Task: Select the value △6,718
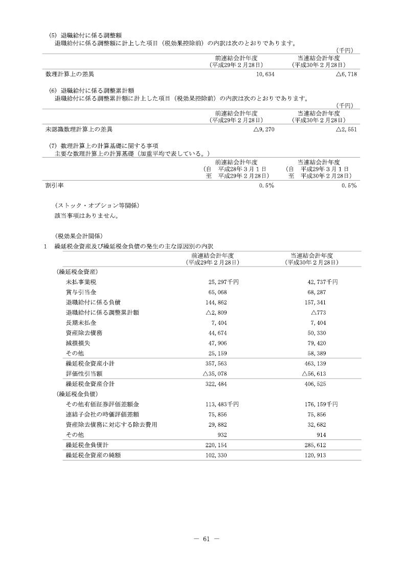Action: pos(346,74)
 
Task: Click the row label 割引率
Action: pos(54,186)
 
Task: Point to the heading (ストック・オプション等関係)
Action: pos(97,206)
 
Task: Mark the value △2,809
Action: pos(215,312)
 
